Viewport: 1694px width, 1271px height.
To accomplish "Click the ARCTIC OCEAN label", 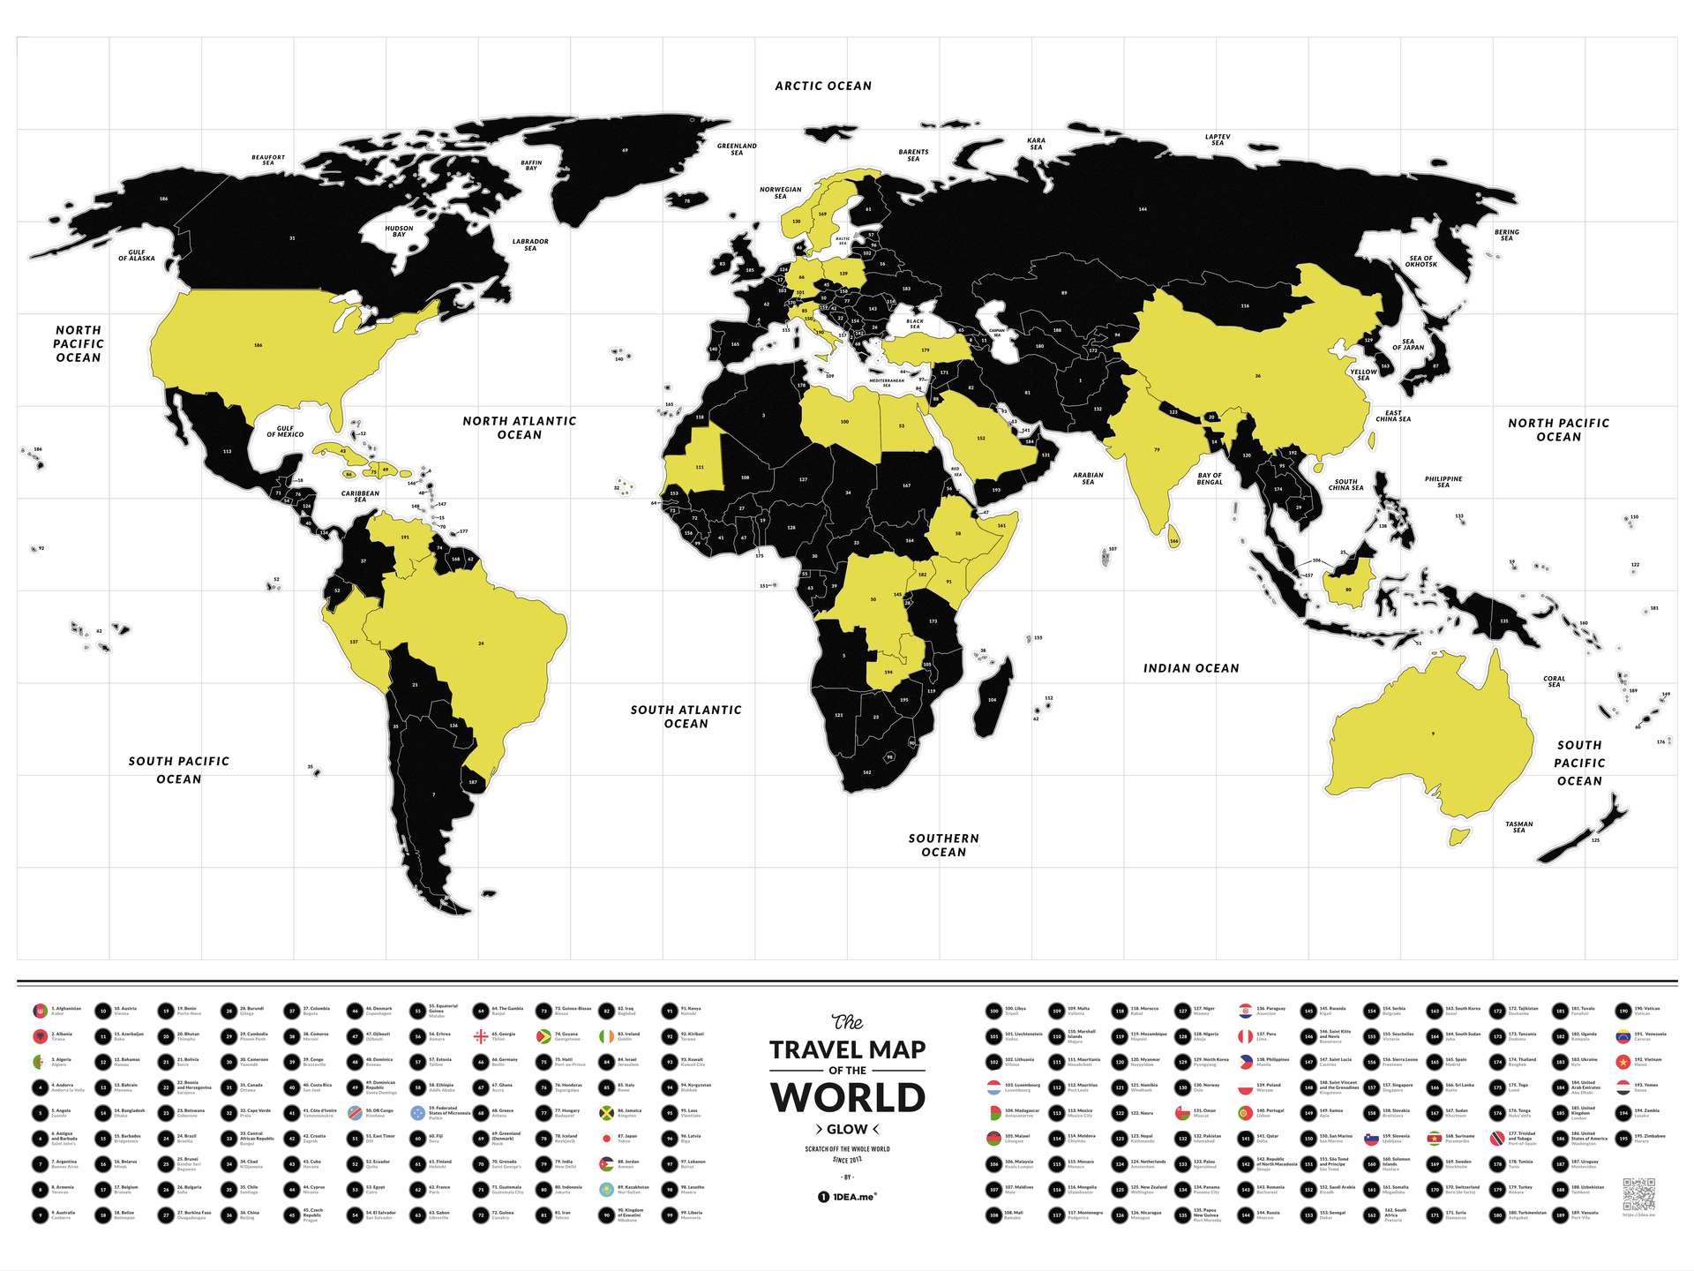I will [823, 86].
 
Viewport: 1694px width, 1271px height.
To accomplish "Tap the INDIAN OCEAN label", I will [1191, 668].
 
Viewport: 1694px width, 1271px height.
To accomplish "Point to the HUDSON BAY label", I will [399, 231].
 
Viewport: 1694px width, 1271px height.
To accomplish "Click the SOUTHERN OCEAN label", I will [943, 845].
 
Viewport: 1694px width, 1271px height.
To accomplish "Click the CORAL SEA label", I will [1554, 681].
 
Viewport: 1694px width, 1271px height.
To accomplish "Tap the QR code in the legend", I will [1638, 1193].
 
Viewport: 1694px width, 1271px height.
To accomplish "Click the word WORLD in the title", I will [847, 1098].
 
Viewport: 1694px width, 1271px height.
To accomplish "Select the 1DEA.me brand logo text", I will [847, 1197].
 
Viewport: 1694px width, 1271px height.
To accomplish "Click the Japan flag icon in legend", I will [606, 1139].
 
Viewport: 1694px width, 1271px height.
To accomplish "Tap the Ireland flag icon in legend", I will [606, 1036].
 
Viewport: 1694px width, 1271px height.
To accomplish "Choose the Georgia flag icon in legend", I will [481, 1036].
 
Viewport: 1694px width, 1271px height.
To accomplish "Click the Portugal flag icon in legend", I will [1245, 1113].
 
